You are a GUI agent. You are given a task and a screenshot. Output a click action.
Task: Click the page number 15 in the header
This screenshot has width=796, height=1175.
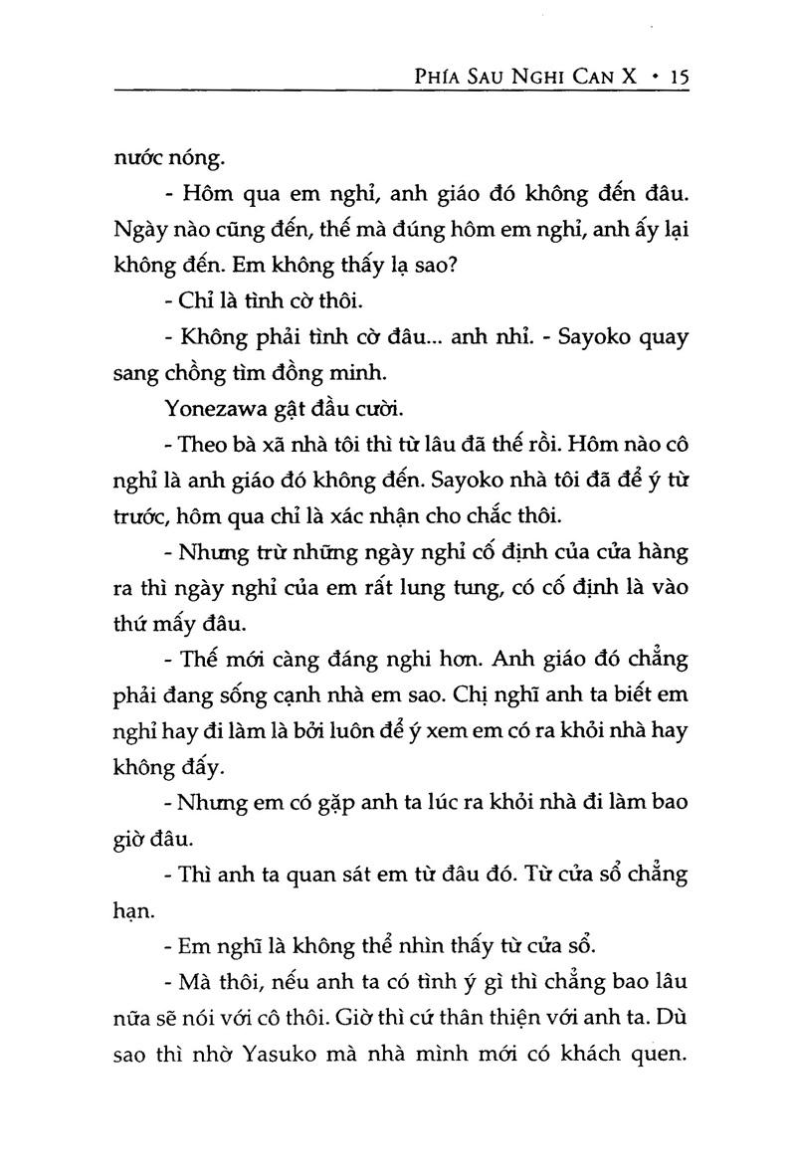click(x=678, y=75)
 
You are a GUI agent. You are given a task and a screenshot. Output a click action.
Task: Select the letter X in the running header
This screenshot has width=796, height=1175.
click(x=630, y=76)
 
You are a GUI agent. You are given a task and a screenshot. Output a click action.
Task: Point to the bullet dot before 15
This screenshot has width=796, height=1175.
click(x=653, y=76)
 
